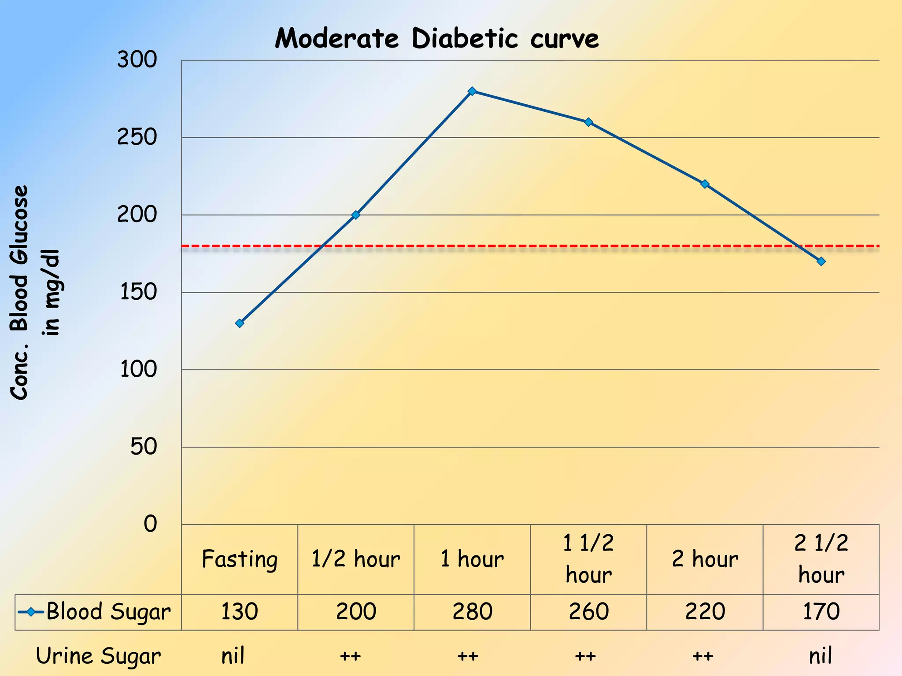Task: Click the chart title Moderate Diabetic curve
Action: point(436,39)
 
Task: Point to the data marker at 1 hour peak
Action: point(472,91)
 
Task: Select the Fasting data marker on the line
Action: point(240,323)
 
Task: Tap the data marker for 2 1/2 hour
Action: point(821,261)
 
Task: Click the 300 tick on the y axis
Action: point(137,59)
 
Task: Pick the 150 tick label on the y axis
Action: point(138,292)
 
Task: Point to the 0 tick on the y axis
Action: point(150,524)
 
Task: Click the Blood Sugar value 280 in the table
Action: point(472,612)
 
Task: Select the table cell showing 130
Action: point(239,612)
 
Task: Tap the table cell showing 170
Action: point(821,612)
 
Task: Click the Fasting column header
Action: point(240,559)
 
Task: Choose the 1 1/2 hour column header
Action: point(588,559)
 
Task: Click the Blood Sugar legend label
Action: point(108,612)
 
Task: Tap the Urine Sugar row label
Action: point(98,656)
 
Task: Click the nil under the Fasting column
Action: point(233,656)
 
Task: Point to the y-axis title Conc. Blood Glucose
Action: point(20,292)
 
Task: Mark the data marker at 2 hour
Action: point(705,184)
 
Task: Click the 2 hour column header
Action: point(705,559)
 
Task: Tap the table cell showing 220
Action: point(705,612)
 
